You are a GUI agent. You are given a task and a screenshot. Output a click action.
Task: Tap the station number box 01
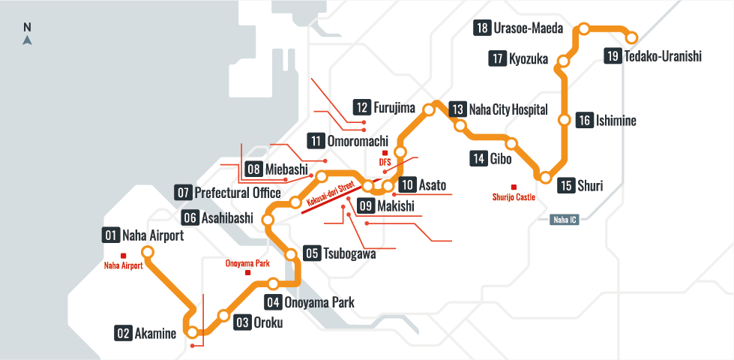pos(111,235)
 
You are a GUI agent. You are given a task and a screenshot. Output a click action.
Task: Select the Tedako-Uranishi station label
pos(662,56)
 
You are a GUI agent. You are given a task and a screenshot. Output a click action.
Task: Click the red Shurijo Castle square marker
pos(513,187)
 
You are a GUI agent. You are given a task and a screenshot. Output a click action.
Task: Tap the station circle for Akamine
pos(193,331)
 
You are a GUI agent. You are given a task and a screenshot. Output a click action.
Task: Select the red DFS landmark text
pos(385,162)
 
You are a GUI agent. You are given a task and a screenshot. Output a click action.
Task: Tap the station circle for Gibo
pos(511,143)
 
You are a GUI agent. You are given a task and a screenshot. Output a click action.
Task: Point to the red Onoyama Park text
pos(247,263)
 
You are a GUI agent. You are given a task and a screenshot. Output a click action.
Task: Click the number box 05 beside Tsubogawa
pos(312,253)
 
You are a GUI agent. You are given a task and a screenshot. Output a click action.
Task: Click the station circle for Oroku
pos(223,315)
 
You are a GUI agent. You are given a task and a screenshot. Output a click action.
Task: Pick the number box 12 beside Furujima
pos(362,107)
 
